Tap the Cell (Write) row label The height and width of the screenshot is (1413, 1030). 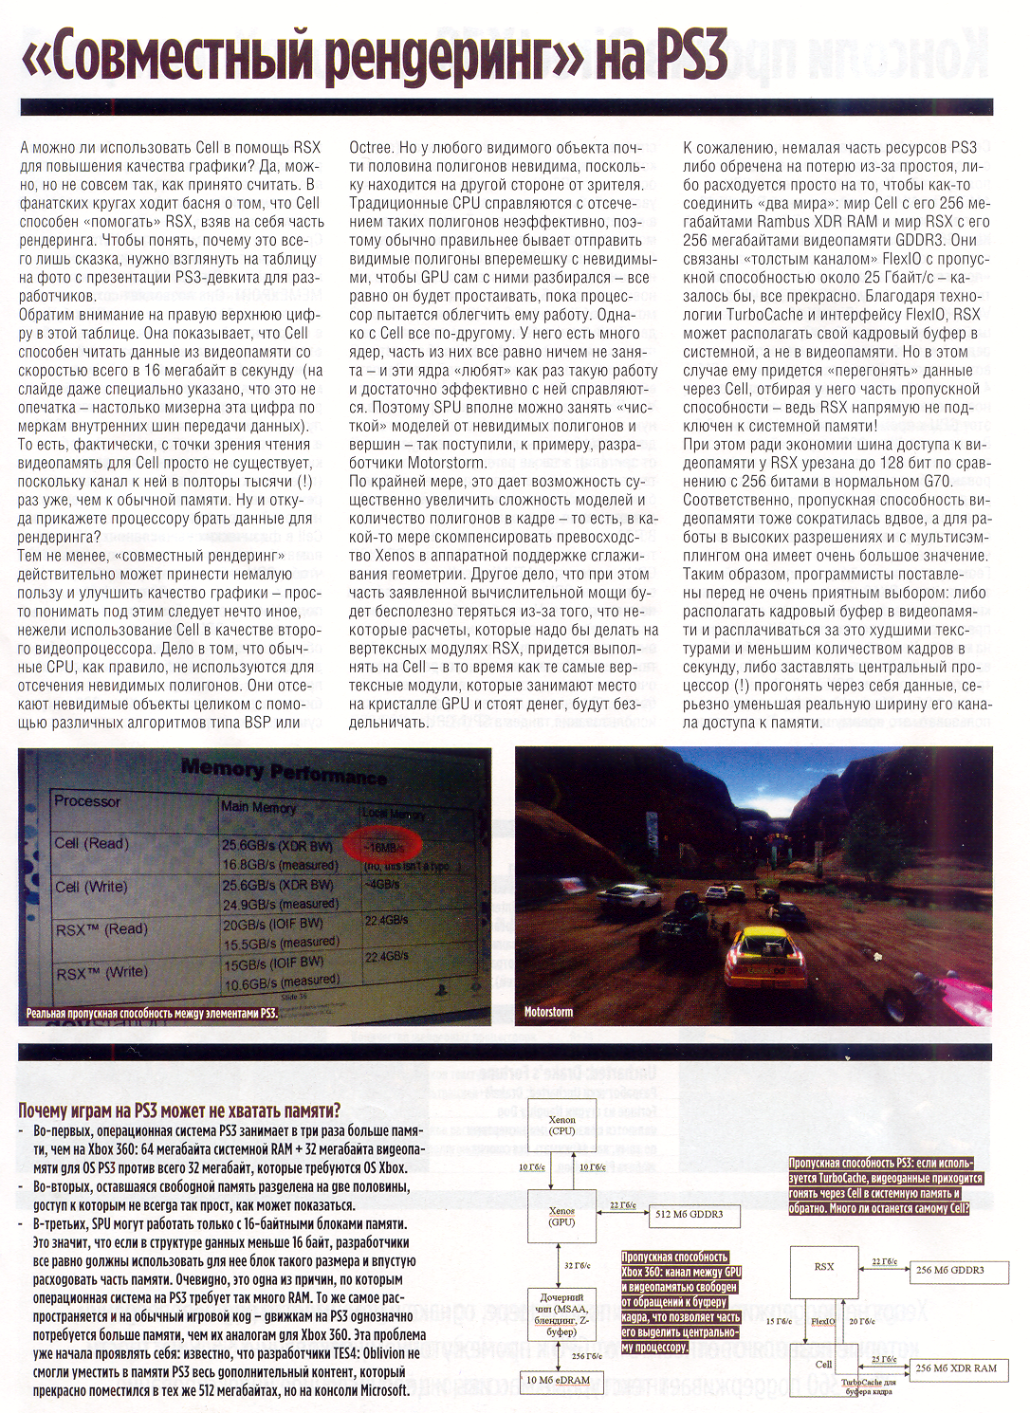coord(90,887)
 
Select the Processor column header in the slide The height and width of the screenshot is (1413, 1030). coord(87,801)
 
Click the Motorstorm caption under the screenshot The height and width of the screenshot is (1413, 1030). coord(549,1012)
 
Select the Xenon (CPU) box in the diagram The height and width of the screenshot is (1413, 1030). coord(561,1126)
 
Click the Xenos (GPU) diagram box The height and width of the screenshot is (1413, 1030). coord(561,1217)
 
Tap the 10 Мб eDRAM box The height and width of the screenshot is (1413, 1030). coord(558,1380)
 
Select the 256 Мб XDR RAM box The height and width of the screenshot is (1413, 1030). coord(956,1368)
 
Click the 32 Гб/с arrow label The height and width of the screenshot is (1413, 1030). coord(577,1265)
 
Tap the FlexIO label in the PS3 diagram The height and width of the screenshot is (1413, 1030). coord(823,1321)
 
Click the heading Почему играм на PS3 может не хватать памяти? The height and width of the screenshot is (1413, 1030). coord(179,1110)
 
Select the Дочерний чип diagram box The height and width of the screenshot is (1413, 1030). coord(561,1314)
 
